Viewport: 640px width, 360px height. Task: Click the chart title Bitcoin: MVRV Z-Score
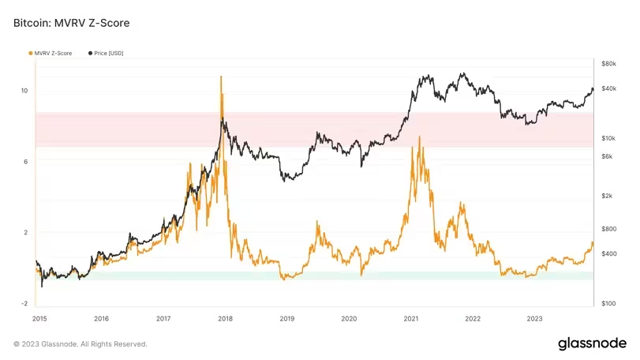tap(71, 24)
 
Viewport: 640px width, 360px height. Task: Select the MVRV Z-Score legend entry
tap(52, 53)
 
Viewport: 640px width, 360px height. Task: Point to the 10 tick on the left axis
tap(24, 91)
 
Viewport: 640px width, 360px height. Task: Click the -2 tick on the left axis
tap(24, 303)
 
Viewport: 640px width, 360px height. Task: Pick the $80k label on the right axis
tap(608, 63)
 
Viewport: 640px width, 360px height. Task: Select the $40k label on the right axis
tap(608, 88)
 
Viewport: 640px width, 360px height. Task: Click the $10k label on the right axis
tap(608, 138)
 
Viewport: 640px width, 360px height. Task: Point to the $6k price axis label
tap(608, 156)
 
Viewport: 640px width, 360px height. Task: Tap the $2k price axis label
tap(608, 196)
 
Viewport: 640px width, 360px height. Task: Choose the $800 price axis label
tap(608, 229)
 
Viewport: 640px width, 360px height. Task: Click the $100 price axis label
tap(608, 303)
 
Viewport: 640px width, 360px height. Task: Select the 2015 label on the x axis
tap(42, 319)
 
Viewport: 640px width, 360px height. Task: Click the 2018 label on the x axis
tap(225, 319)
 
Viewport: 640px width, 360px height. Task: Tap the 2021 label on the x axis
tap(411, 319)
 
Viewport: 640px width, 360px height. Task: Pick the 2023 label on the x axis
tap(534, 319)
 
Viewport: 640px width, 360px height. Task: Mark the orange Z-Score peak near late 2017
tap(221, 77)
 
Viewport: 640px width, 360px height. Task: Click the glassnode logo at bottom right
tap(592, 343)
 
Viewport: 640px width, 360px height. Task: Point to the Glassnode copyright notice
tap(80, 344)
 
